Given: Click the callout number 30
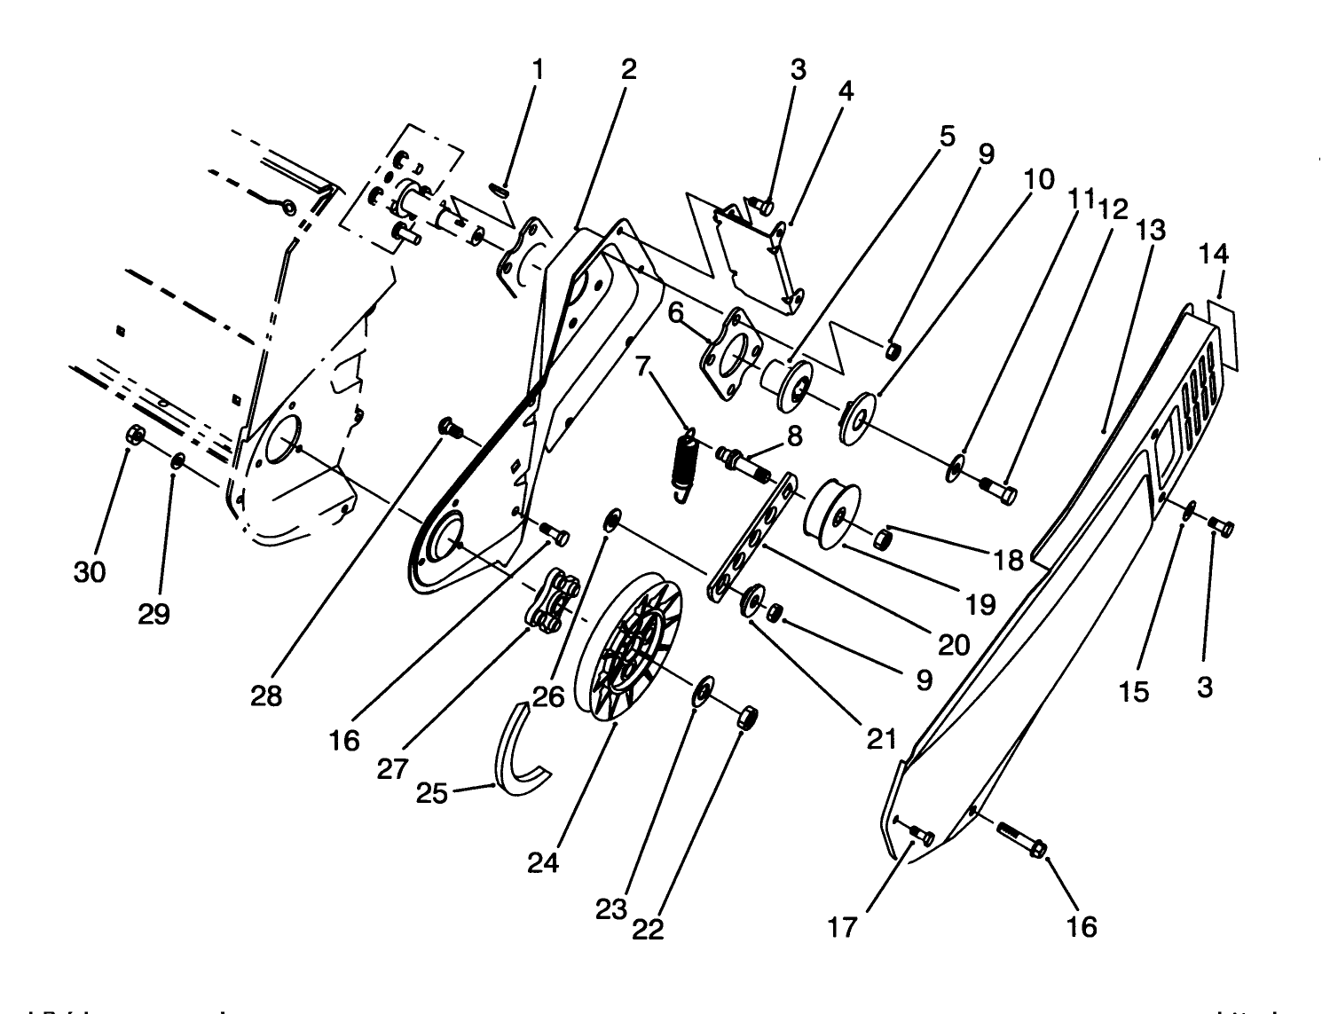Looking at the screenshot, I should point(90,572).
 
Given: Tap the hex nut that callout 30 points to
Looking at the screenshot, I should point(136,435).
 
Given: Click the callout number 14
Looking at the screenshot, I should point(1214,255).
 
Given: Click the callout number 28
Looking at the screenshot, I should point(266,696).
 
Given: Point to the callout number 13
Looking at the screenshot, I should point(1151,230).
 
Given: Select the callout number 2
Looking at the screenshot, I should point(628,70).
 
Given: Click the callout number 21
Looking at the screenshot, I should point(881,738).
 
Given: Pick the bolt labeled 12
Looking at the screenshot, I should point(999,487).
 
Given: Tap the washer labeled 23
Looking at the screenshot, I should point(704,689).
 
